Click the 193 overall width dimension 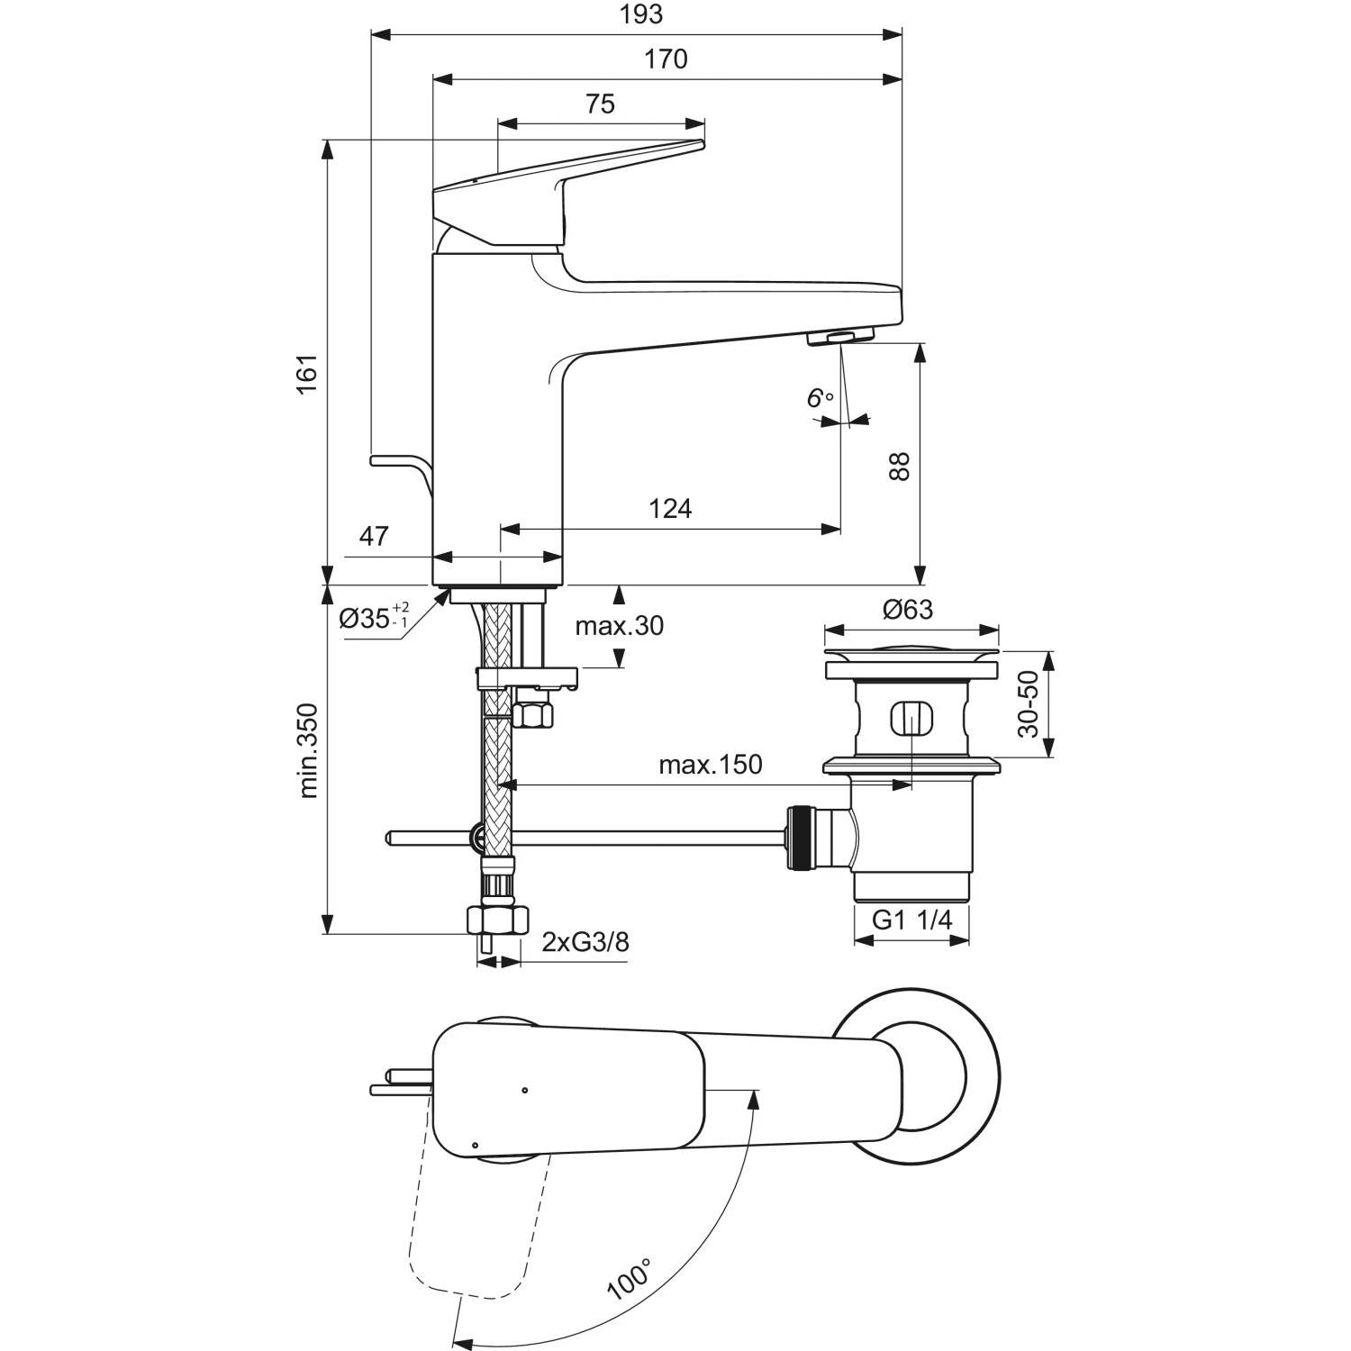pos(641,14)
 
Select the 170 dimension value pos(666,59)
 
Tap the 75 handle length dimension pos(600,104)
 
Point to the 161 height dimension pos(308,373)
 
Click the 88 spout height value pos(900,466)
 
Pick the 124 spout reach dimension pos(670,509)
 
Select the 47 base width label pos(374,536)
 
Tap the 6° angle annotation pos(819,397)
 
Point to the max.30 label pos(620,625)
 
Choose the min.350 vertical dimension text pos(308,750)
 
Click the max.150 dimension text pos(710,765)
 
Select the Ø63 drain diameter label pos(908,610)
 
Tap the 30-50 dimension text pos(1028,704)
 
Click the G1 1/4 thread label pos(911,920)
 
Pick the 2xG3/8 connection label pos(585,942)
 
